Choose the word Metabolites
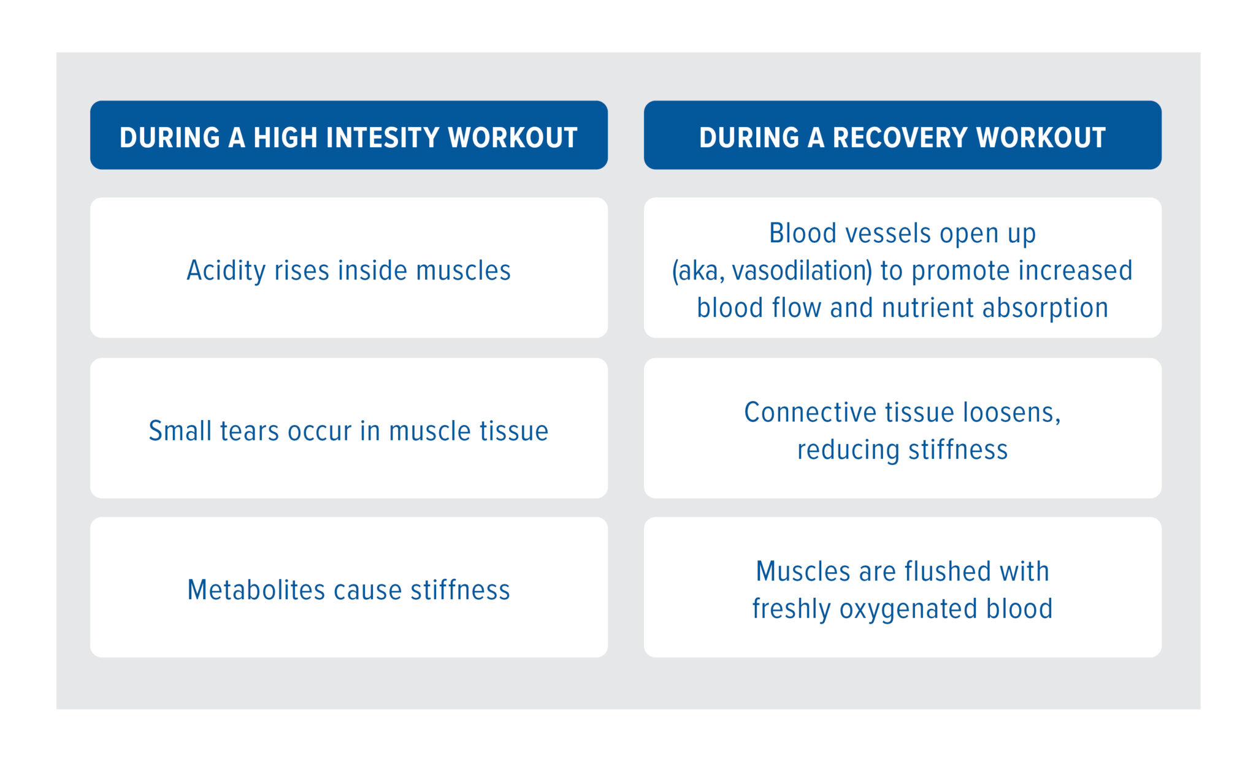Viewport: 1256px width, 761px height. (x=256, y=591)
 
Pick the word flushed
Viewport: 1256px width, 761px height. (x=948, y=572)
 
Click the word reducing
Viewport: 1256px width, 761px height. (x=848, y=450)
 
